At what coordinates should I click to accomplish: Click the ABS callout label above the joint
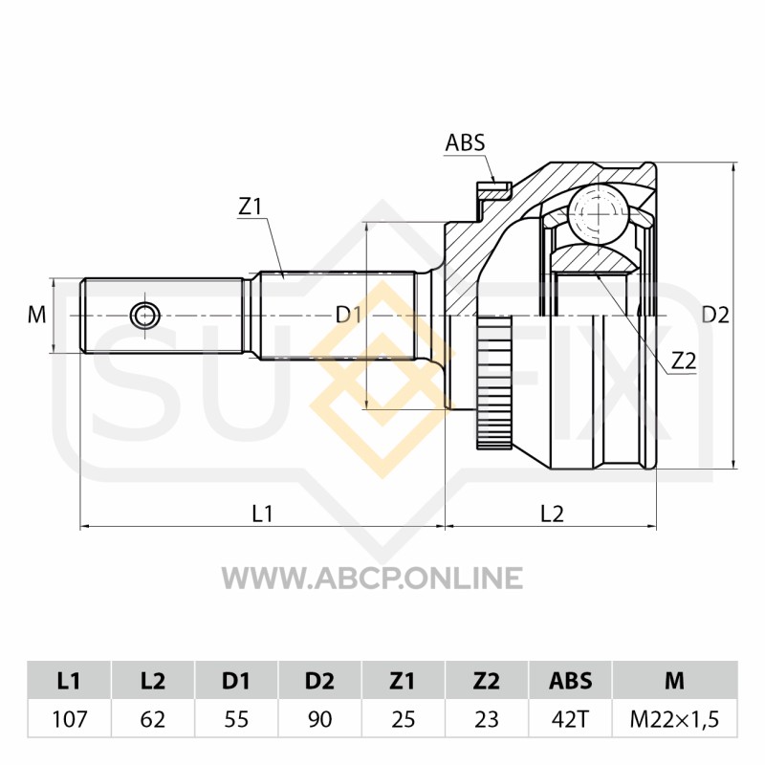(x=465, y=142)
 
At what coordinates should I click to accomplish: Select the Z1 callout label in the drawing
(x=250, y=207)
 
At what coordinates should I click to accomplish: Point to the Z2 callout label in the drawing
(x=683, y=361)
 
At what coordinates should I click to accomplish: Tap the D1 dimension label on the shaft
(x=348, y=316)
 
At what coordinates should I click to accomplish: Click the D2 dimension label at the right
(x=714, y=316)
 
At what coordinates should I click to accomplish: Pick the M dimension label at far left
(x=36, y=316)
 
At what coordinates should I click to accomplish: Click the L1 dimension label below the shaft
(x=262, y=514)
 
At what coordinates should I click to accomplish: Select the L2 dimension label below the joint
(x=552, y=514)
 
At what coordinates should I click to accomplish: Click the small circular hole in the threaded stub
(x=145, y=316)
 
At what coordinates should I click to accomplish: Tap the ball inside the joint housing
(x=599, y=212)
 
